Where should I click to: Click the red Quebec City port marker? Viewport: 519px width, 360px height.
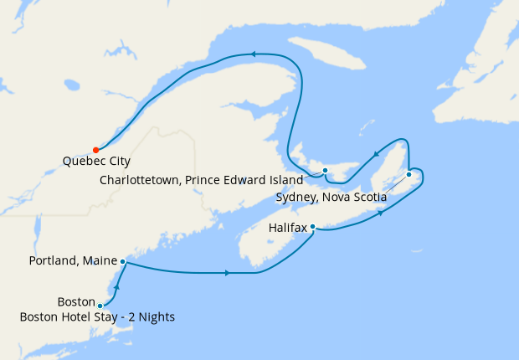coord(96,150)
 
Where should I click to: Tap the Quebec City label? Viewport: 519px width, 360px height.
coord(96,162)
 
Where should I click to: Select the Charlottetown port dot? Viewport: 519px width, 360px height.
coord(325,170)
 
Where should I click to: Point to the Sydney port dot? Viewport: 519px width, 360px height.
coord(409,174)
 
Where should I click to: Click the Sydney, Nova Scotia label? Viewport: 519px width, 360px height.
coord(331,198)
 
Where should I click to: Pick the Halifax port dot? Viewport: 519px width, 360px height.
coord(312,226)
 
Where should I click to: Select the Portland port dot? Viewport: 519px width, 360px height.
coord(123,261)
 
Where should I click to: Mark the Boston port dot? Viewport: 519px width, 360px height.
coord(100,306)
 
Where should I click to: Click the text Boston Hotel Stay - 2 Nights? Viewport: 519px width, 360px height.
coord(99,316)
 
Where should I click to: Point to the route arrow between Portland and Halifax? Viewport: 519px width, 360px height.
coord(227,273)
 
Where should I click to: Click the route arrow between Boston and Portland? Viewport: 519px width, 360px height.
coord(117,287)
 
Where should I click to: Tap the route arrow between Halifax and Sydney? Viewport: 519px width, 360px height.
coord(382,213)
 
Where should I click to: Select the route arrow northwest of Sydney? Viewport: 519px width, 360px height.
coord(376,152)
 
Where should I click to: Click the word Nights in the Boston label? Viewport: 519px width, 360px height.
coord(156,316)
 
